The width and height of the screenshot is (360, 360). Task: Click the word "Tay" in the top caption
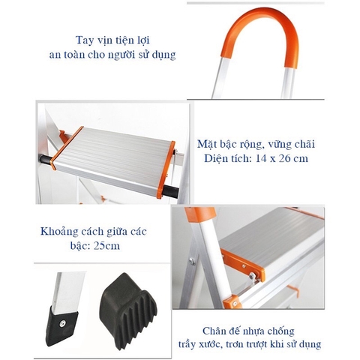point(84,40)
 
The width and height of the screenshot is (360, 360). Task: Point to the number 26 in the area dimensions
point(294,158)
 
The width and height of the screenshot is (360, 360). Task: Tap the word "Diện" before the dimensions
point(217,158)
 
